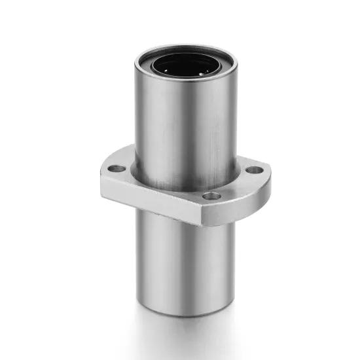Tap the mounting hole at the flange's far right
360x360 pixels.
tap(251, 171)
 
